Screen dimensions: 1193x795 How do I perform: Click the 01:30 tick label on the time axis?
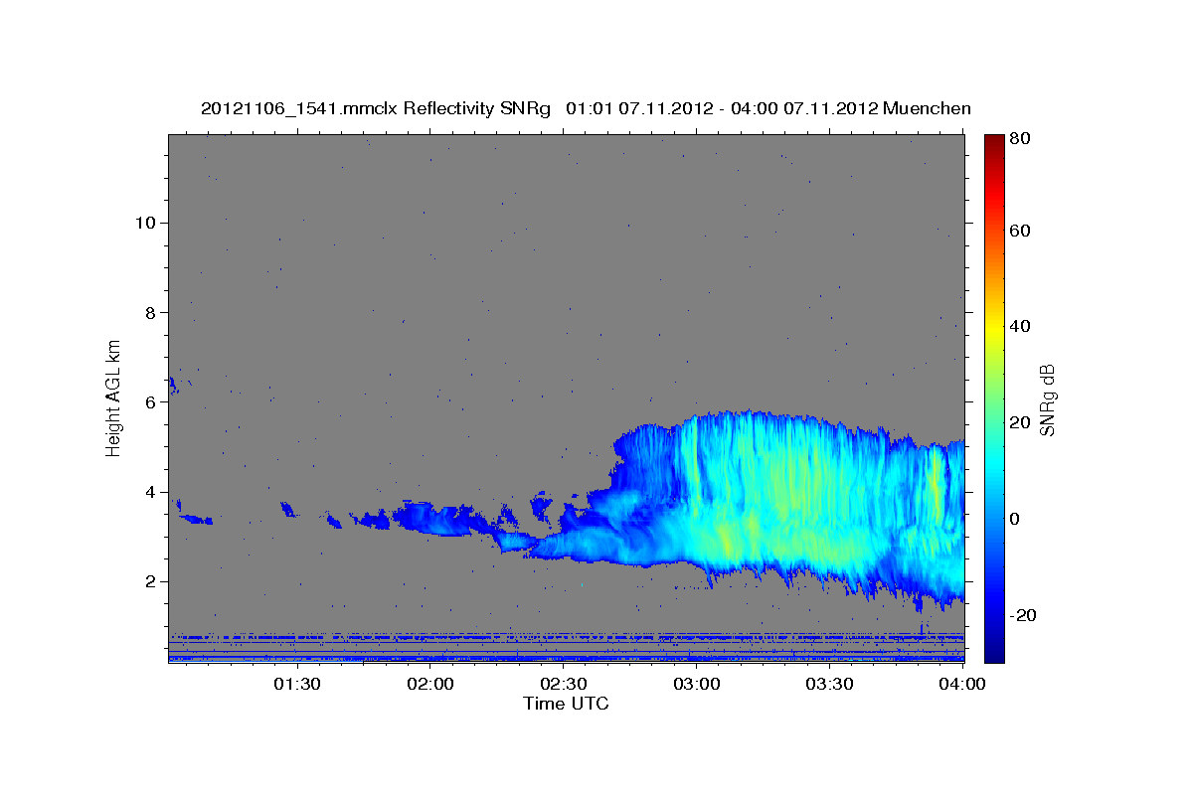point(297,684)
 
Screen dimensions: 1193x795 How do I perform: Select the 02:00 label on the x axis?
point(430,684)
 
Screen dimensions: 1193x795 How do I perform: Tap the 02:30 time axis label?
point(564,684)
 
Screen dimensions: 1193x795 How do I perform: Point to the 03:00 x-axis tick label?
point(697,684)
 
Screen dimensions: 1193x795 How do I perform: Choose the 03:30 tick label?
point(829,684)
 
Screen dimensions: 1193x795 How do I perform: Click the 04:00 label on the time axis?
point(962,684)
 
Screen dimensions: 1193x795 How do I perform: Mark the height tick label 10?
point(145,223)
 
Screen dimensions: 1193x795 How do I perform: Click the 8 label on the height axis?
point(151,313)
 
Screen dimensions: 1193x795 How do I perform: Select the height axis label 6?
point(151,402)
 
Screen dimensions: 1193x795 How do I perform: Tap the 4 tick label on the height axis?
point(151,492)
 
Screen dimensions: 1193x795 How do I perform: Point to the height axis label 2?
point(151,581)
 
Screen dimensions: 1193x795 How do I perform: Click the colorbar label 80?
point(1020,138)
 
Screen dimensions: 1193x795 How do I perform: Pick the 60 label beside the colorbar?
point(1020,231)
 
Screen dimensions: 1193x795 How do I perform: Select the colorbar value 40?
point(1020,326)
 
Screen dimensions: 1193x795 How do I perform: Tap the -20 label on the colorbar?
point(1023,615)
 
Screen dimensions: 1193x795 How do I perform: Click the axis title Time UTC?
point(566,704)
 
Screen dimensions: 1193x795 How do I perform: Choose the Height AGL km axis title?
point(113,398)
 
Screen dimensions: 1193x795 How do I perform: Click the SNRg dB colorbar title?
point(1048,400)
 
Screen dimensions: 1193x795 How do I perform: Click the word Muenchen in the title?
point(927,108)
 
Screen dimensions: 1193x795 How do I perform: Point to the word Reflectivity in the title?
point(448,109)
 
